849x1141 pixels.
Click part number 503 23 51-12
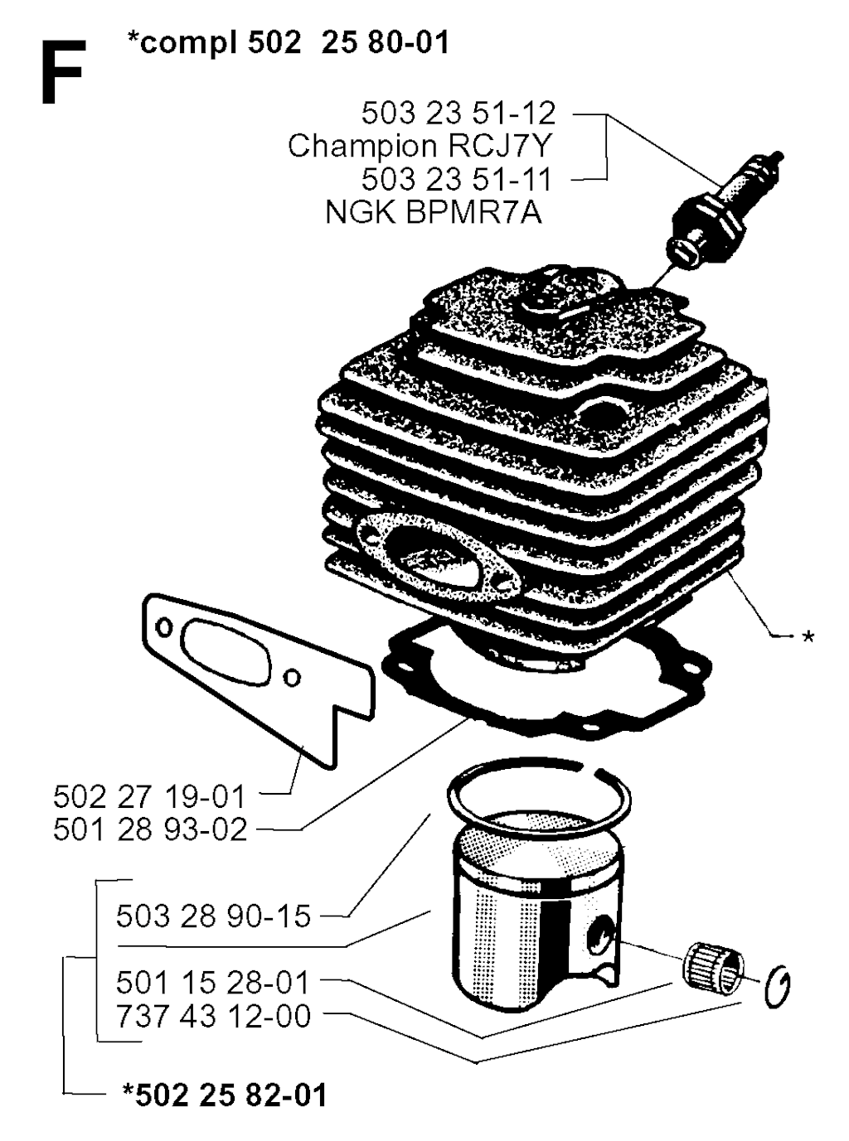(x=458, y=114)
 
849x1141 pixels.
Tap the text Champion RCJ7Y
(x=420, y=146)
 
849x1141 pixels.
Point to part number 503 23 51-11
(x=457, y=180)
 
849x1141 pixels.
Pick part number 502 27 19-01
(x=149, y=797)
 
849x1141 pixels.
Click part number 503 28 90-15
(x=213, y=916)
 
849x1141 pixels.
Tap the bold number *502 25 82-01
(x=225, y=1095)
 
